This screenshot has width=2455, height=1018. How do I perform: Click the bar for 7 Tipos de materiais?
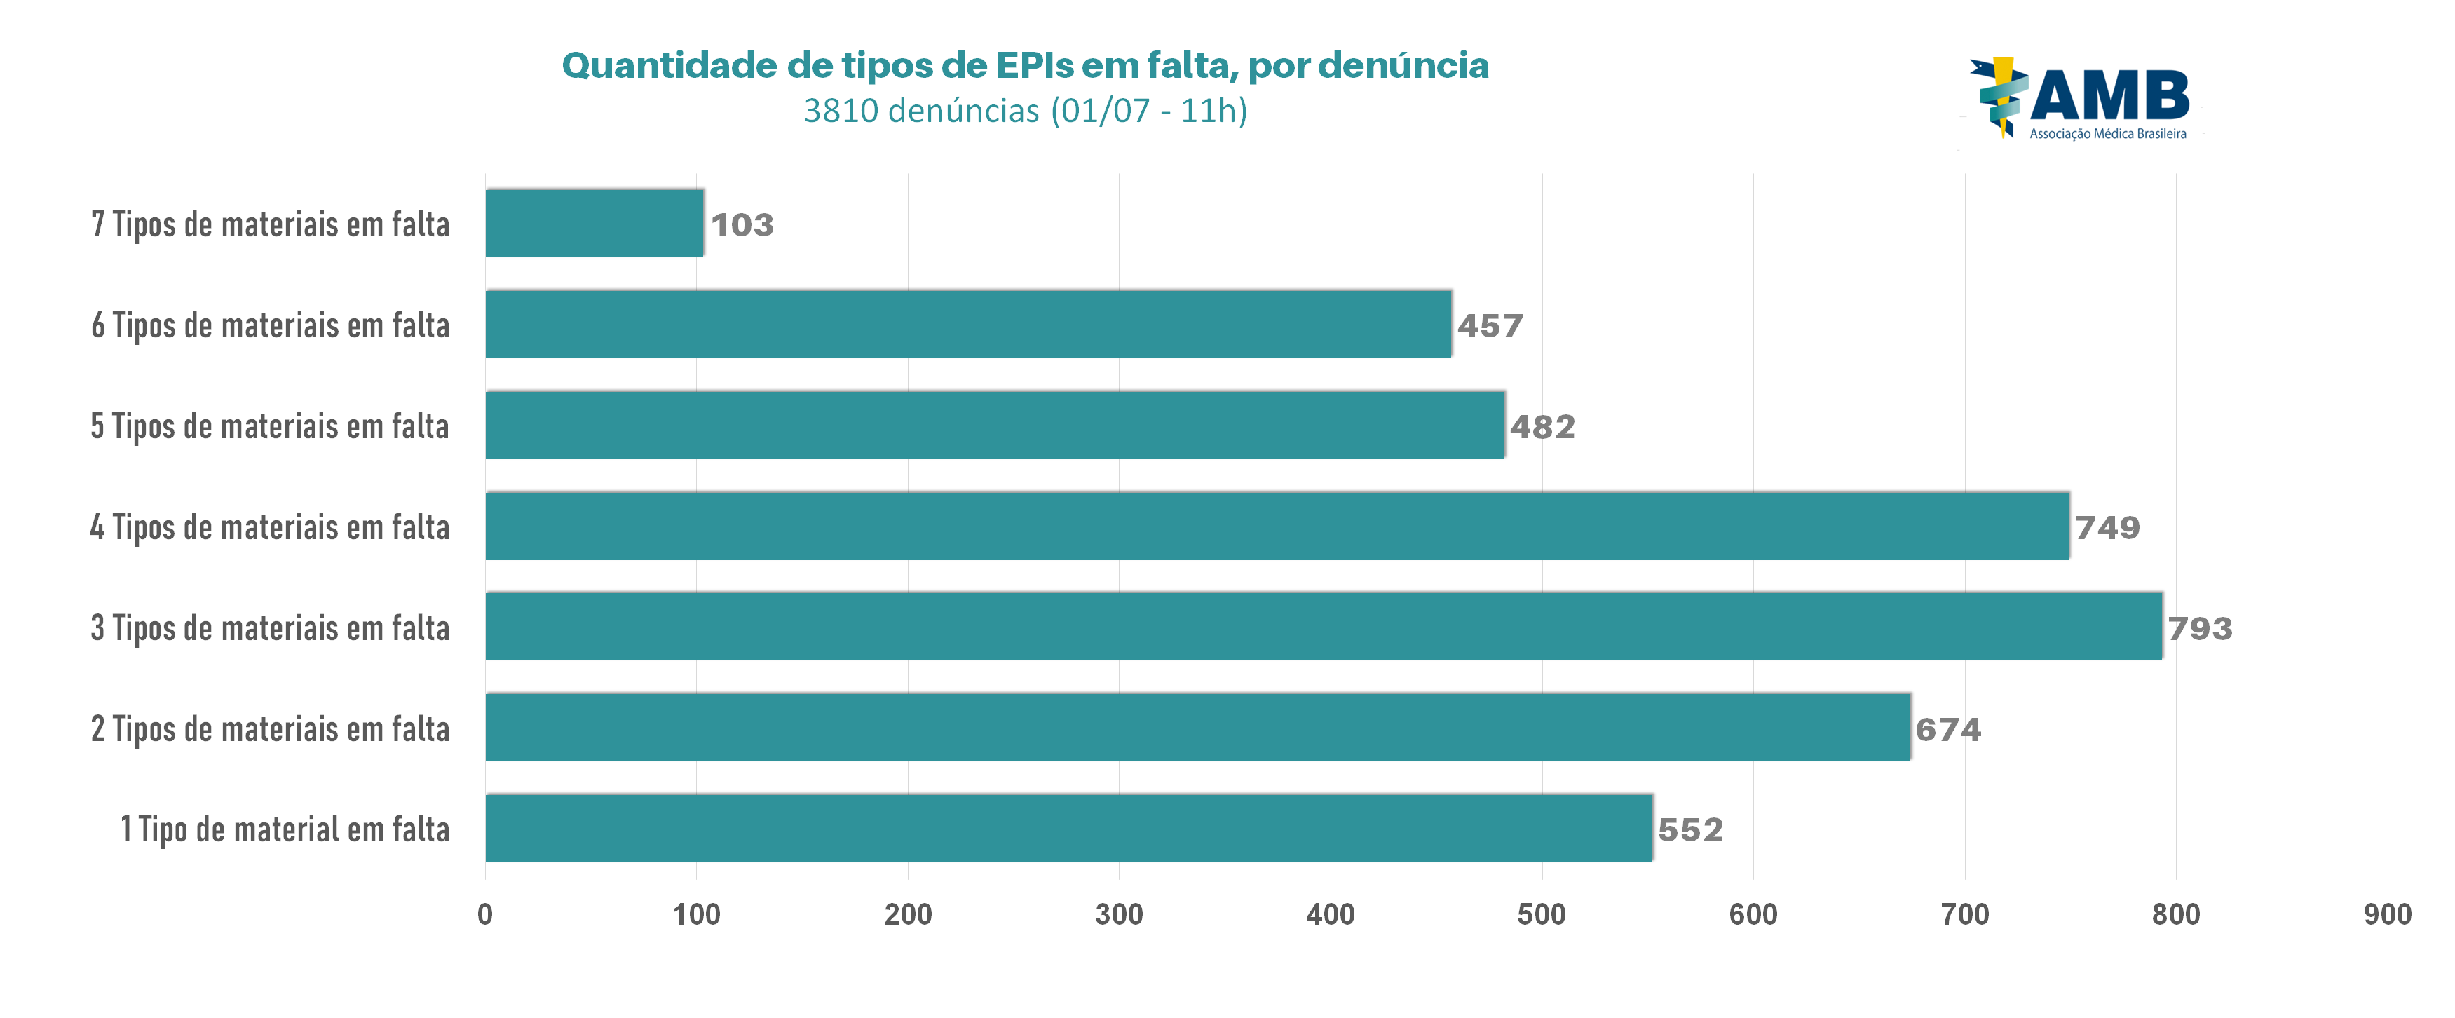point(594,223)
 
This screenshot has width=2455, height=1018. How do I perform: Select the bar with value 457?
point(967,324)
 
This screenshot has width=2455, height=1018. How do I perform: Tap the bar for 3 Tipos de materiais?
point(1323,626)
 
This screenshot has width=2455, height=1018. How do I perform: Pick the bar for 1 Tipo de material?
point(1068,827)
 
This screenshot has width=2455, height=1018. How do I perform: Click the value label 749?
point(2107,527)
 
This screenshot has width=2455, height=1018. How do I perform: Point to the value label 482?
point(1542,426)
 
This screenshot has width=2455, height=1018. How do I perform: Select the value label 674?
point(1948,729)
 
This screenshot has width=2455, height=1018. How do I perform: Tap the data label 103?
point(742,225)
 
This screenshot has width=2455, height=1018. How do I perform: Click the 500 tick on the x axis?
point(1541,914)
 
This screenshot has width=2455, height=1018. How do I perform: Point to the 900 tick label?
point(2387,914)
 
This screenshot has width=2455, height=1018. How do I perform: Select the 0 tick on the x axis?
point(485,914)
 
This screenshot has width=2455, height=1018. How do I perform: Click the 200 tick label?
point(907,914)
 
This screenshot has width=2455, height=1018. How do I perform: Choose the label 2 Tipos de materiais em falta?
point(270,729)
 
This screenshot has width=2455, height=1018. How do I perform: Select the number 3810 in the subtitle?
point(841,111)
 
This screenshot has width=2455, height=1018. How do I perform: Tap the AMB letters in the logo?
point(2110,95)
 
